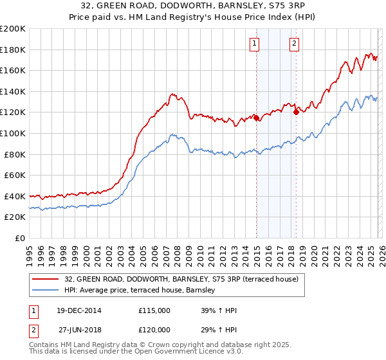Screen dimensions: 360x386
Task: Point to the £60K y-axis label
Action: click(15, 175)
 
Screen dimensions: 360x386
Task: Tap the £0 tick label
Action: click(20, 238)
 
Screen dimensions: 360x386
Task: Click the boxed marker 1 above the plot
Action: click(255, 44)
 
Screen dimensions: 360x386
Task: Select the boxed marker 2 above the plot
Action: click(294, 44)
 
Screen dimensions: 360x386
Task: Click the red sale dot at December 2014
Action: click(256, 118)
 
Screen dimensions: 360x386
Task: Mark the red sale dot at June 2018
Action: click(296, 113)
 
